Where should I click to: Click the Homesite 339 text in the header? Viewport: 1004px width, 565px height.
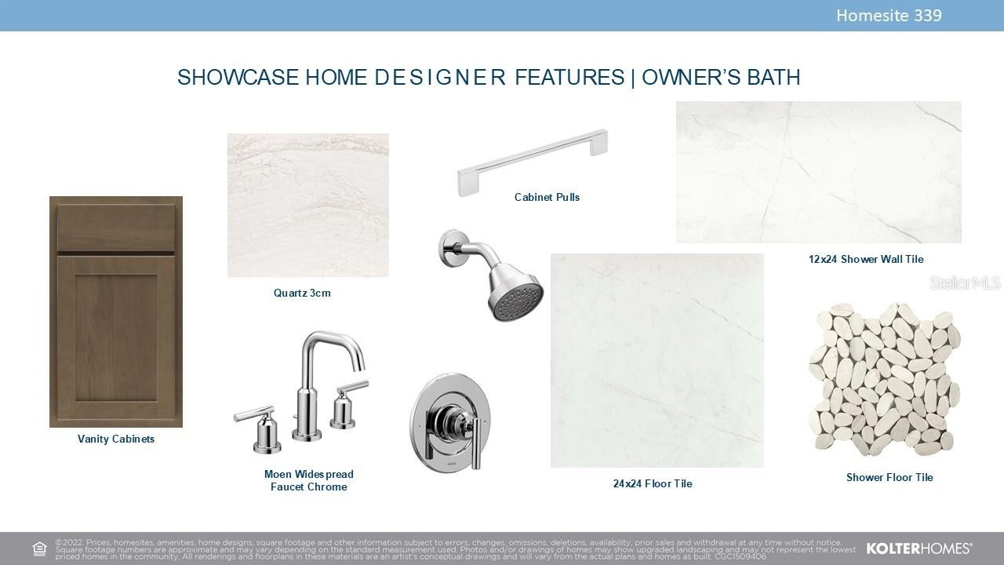[x=889, y=16]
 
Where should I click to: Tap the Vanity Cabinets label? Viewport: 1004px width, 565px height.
[x=116, y=439]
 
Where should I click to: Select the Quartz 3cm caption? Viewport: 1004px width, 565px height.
[x=302, y=293]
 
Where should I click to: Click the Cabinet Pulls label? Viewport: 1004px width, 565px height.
[x=547, y=197]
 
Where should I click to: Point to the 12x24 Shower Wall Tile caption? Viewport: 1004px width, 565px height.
[x=866, y=259]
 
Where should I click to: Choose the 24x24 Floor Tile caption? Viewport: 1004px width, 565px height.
[x=653, y=483]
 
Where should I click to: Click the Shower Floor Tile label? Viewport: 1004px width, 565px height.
[x=889, y=477]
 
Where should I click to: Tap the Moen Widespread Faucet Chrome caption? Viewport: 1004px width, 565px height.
[x=309, y=480]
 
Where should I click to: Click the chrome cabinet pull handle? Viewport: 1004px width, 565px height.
[x=533, y=162]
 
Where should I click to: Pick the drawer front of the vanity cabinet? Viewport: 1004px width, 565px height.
[x=116, y=228]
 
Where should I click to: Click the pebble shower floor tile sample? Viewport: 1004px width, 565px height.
[x=884, y=379]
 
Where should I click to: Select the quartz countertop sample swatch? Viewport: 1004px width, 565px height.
[x=308, y=206]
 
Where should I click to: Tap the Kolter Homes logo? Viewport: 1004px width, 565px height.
[x=919, y=549]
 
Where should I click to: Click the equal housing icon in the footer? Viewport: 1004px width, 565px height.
[x=39, y=549]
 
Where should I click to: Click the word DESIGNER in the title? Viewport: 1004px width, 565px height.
[x=440, y=77]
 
